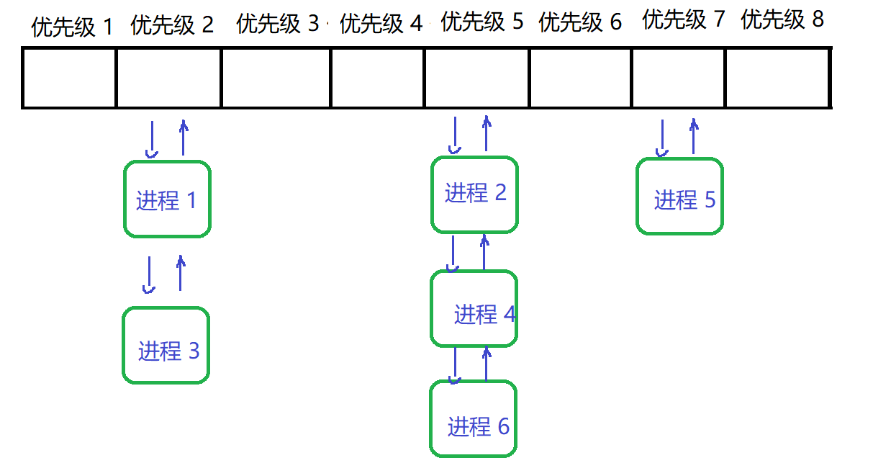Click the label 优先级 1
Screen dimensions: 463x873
tap(72, 27)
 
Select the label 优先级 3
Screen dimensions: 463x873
tap(277, 24)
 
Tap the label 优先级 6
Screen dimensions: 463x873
tap(580, 22)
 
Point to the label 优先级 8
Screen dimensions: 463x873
tap(782, 19)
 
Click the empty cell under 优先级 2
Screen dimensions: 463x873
tap(168, 78)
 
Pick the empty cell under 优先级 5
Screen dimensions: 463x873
tap(476, 78)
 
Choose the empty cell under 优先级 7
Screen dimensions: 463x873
tap(678, 78)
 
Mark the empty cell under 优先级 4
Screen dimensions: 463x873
tap(377, 78)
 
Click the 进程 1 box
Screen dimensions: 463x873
tap(167, 199)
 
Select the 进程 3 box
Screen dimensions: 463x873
tap(166, 345)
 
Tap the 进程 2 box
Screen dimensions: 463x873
tap(474, 194)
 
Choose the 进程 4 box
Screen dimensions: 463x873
tap(474, 308)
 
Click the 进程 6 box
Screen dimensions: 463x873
tap(473, 419)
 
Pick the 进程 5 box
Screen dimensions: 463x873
tap(679, 196)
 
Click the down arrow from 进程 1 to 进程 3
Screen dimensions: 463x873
tap(149, 275)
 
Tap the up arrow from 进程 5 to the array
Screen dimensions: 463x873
tap(693, 137)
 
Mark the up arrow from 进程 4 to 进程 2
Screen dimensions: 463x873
tap(484, 252)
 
